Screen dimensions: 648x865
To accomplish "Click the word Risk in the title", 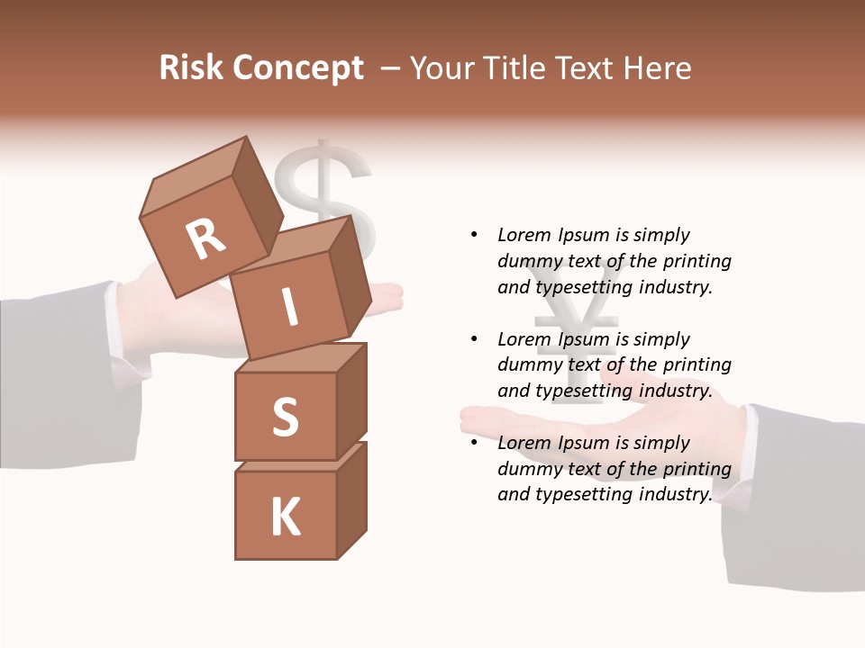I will pyautogui.click(x=193, y=68).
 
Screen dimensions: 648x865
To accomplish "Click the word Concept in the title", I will pyautogui.click(x=299, y=69).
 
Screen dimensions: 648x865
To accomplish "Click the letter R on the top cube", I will pyautogui.click(x=205, y=239).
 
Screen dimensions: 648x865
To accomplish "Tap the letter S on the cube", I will pyautogui.click(x=286, y=417).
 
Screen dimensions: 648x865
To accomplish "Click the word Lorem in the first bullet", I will pyautogui.click(x=523, y=235).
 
